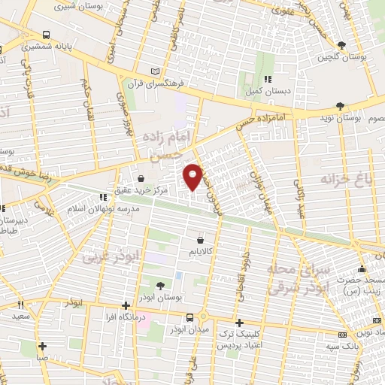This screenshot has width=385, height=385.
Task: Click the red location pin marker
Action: point(193,177)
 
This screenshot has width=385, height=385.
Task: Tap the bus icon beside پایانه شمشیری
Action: point(47,35)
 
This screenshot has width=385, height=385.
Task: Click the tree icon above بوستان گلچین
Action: point(343,45)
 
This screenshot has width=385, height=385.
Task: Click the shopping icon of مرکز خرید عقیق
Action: point(141,180)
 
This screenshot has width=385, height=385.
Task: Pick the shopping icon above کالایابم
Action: point(199,239)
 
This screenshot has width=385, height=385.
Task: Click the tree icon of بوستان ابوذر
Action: point(160,284)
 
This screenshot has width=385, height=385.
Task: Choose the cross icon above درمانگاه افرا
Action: point(126,306)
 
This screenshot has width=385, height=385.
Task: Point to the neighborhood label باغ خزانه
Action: point(347,180)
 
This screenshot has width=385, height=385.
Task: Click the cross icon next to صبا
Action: point(42,347)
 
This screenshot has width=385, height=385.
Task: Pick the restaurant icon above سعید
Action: point(21,305)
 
